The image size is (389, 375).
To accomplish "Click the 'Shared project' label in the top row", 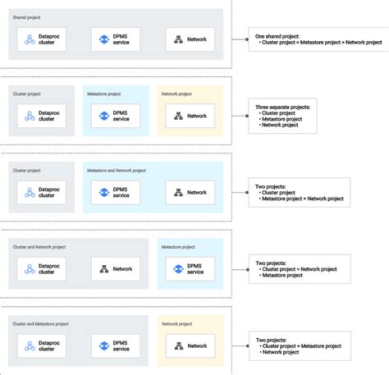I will [x=26, y=17].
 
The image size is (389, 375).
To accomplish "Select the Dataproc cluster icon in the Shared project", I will [x=30, y=39].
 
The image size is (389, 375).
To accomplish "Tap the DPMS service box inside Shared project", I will [x=115, y=39].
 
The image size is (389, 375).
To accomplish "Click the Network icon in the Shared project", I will [x=178, y=39].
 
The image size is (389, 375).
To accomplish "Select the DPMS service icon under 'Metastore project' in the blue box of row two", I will [x=104, y=116].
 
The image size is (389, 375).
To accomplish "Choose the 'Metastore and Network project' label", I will [x=116, y=171].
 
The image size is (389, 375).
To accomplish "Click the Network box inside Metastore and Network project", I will [x=190, y=193].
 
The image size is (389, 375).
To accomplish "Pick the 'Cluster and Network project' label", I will [x=39, y=247].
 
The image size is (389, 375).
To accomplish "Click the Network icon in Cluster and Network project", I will [x=104, y=269].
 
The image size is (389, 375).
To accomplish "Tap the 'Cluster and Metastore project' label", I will [x=40, y=324].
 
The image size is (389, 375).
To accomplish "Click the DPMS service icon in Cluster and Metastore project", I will [x=104, y=346].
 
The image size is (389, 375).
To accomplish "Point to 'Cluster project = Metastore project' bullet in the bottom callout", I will [x=300, y=345].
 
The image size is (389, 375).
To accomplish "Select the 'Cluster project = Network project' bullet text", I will [x=299, y=269].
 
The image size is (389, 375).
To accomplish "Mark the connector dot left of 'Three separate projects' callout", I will [x=247, y=116].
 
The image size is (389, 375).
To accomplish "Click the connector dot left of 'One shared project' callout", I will [x=247, y=39].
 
